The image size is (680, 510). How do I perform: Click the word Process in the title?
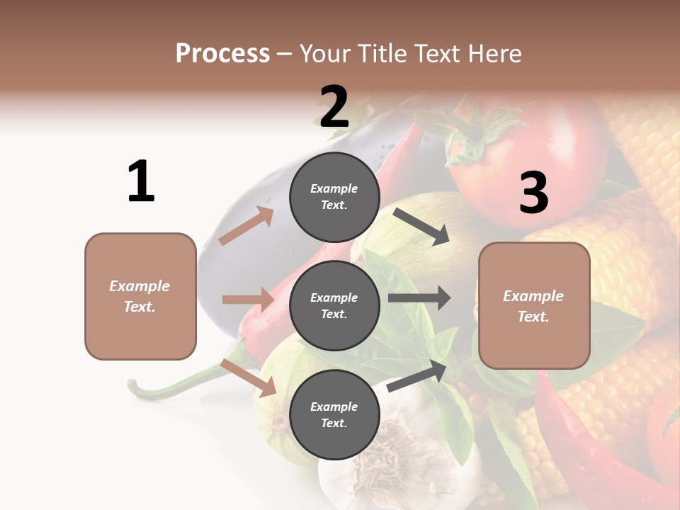[222, 53]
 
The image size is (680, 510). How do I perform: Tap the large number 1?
[141, 182]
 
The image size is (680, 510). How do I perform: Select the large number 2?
[334, 107]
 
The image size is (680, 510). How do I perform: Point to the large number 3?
[533, 193]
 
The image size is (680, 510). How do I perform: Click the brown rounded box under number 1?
[140, 296]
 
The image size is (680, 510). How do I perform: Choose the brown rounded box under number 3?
[534, 306]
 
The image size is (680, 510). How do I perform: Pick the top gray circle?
[334, 197]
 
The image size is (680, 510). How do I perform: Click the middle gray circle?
[334, 305]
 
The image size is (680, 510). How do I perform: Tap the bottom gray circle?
[334, 414]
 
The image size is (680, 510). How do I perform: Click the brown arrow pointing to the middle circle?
[248, 300]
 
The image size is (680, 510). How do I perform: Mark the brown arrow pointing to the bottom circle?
[249, 378]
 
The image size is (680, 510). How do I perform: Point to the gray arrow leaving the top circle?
[421, 227]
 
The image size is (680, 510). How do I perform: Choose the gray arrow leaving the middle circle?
[419, 298]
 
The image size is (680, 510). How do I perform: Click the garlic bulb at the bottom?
[368, 467]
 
